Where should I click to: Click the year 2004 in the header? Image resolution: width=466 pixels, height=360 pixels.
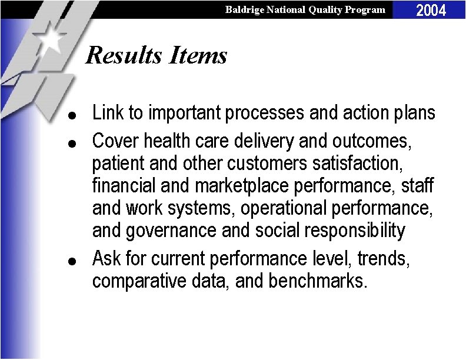click(431, 10)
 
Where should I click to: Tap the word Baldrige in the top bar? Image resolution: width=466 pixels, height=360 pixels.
click(245, 9)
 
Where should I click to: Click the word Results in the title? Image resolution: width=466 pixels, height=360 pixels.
click(124, 55)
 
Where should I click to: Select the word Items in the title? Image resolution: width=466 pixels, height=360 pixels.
click(198, 55)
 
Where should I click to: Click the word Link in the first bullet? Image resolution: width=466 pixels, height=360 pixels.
click(106, 112)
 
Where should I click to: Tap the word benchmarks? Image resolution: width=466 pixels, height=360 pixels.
click(318, 281)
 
